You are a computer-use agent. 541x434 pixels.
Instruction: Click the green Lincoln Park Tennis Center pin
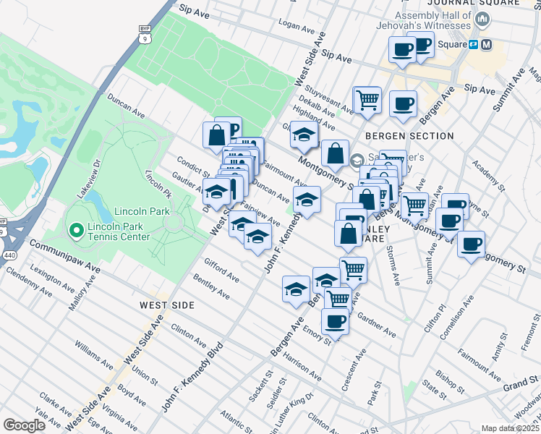click(76, 230)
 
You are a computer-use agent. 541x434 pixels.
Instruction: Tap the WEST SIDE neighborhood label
click(167, 305)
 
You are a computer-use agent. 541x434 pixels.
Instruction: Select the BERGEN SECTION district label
click(409, 136)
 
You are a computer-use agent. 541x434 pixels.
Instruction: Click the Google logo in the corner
click(24, 425)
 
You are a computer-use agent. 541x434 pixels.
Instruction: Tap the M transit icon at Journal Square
click(486, 44)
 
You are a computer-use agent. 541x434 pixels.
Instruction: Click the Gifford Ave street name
click(221, 268)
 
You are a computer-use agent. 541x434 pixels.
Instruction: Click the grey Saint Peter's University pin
click(357, 160)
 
